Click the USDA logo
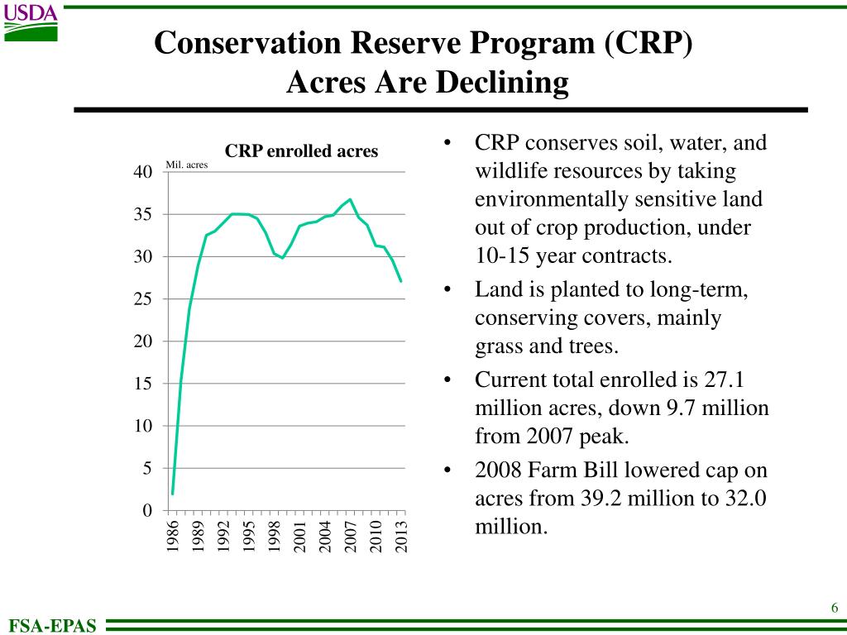(x=31, y=22)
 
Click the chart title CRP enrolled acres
(x=301, y=151)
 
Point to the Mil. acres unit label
(x=187, y=165)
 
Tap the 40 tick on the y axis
(x=142, y=172)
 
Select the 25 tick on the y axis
(x=142, y=299)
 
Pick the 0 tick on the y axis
(x=146, y=511)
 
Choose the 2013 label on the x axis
(x=402, y=536)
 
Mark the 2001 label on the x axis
(x=300, y=536)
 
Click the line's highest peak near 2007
(x=350, y=199)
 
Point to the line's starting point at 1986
(x=172, y=494)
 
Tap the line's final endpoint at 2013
(x=401, y=281)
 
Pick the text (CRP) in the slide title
(x=648, y=43)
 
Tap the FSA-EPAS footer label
(x=52, y=626)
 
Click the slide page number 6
(x=835, y=609)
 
